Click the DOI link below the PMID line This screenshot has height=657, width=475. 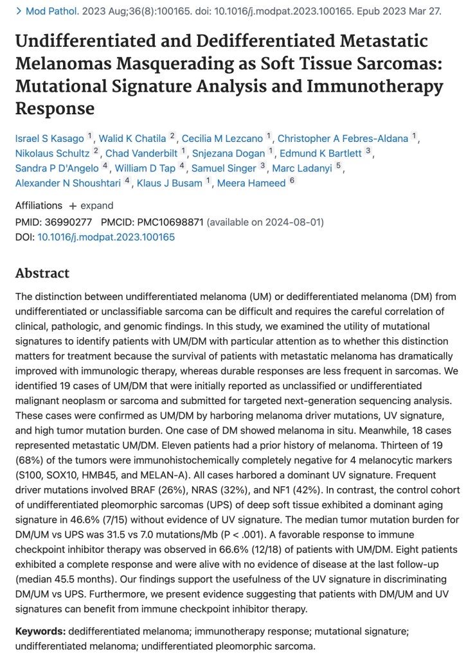tap(105, 237)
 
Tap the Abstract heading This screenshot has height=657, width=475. tap(42, 273)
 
